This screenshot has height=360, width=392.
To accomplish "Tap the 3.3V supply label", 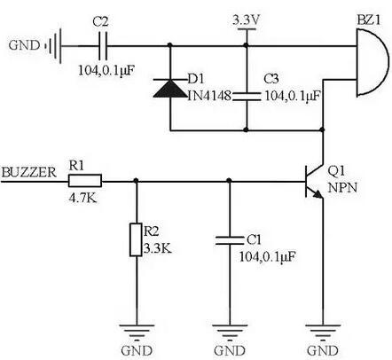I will [244, 18].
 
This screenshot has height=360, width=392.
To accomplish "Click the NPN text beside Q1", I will [341, 188].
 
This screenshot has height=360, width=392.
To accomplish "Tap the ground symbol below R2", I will [137, 333].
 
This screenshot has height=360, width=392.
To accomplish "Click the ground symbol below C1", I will [229, 333].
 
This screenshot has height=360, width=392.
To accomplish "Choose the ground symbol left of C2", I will [56, 43].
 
